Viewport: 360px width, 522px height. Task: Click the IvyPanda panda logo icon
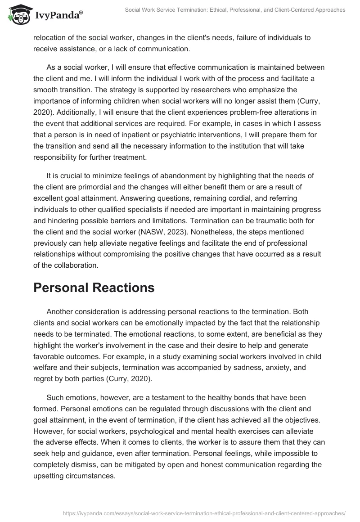click(17, 14)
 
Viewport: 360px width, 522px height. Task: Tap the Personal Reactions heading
click(94, 288)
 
